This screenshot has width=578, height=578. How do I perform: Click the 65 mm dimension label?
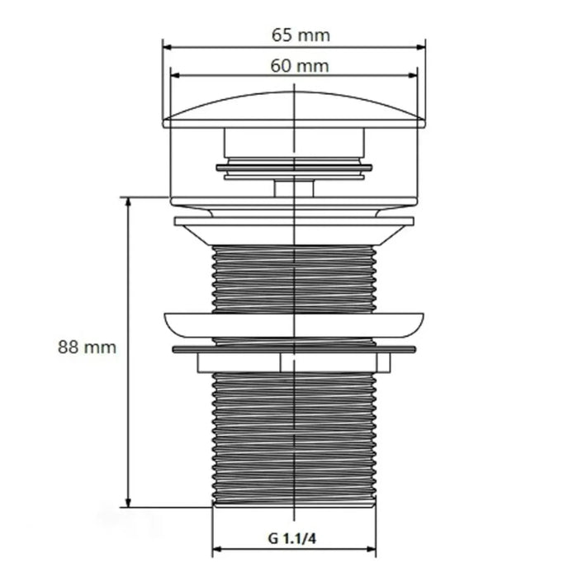tap(301, 36)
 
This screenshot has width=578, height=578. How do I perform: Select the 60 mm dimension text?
tap(299, 66)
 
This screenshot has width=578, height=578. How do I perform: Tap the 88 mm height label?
tap(87, 348)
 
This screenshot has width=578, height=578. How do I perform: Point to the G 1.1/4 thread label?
tap(292, 538)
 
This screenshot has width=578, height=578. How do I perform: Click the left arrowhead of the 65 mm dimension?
tap(168, 47)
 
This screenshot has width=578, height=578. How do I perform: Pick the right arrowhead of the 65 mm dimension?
tap(420, 47)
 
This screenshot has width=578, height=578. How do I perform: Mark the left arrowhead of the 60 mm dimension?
tap(175, 76)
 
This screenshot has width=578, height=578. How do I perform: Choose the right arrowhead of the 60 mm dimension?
tap(413, 76)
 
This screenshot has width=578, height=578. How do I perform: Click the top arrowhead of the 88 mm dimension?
tap(128, 202)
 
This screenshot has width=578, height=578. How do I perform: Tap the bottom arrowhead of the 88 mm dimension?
tap(128, 502)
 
